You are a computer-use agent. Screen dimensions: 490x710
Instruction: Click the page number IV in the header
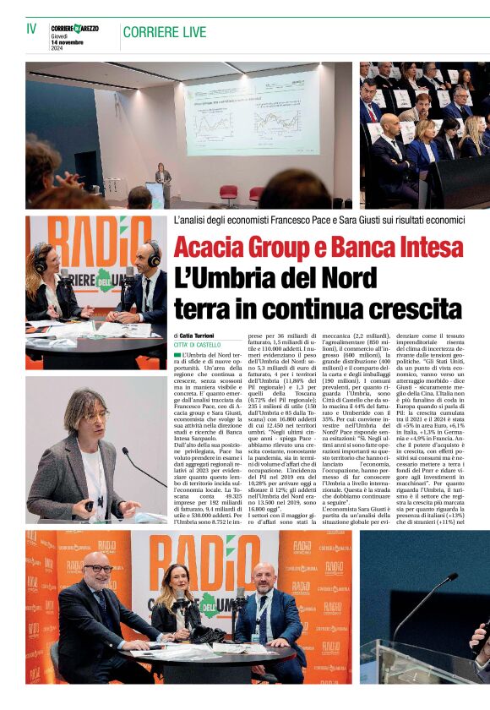click(x=31, y=29)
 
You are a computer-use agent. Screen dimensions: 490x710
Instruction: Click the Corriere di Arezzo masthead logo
click(x=74, y=29)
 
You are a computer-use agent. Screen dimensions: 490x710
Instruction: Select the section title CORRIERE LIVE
click(x=164, y=32)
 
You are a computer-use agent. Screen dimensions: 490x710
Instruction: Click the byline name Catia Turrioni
click(x=198, y=336)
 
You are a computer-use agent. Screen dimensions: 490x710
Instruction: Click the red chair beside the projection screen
click(x=229, y=192)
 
